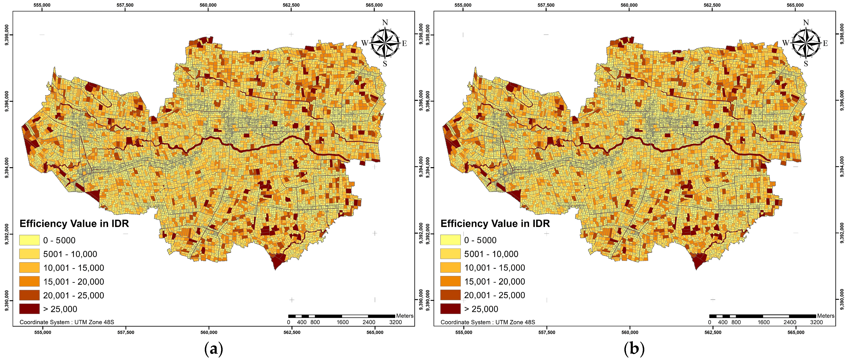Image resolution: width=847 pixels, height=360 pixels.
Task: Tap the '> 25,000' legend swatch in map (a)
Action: [x=29, y=309]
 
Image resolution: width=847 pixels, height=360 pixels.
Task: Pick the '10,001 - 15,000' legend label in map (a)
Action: [x=73, y=268]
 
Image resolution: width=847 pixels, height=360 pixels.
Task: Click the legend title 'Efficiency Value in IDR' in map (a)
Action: [x=74, y=224]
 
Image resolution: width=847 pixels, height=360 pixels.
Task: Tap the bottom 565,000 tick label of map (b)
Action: [x=796, y=332]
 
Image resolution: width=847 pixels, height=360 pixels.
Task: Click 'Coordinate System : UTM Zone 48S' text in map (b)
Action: [x=488, y=322]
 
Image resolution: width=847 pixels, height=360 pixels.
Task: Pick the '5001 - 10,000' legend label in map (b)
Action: [x=491, y=254]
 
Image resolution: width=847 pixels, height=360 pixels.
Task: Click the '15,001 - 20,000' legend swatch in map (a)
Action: [x=29, y=282]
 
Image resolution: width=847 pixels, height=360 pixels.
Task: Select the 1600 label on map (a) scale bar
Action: [x=342, y=322]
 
